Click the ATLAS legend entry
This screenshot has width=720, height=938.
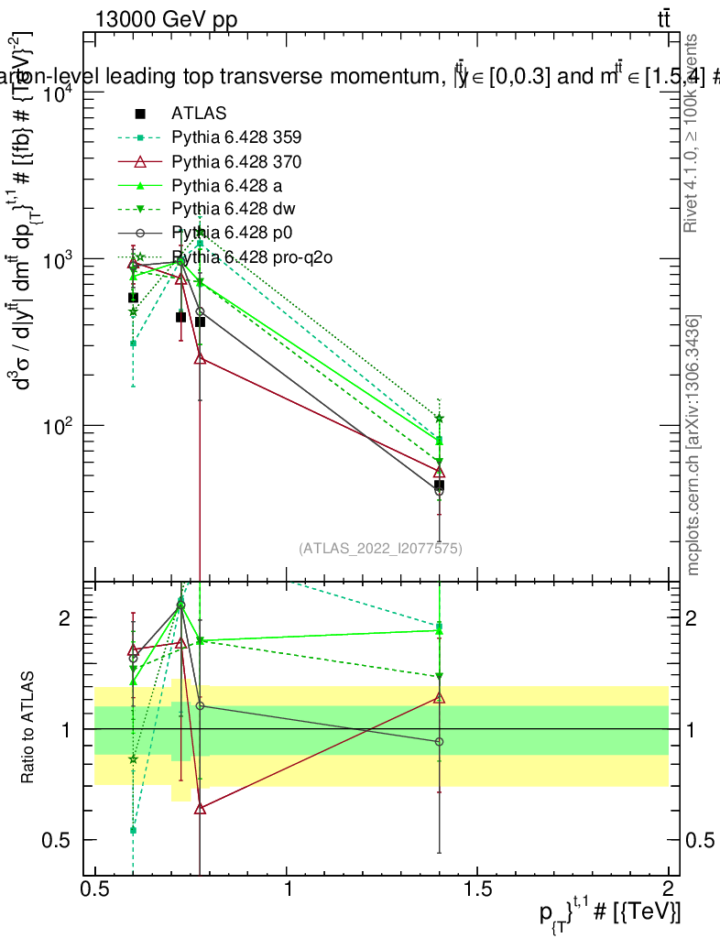tap(198, 114)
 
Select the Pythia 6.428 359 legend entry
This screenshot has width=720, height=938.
tap(236, 137)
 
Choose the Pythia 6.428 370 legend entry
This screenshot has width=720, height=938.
tap(236, 162)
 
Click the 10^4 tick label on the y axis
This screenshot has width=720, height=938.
tap(59, 94)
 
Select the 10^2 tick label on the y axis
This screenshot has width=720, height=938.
tap(59, 426)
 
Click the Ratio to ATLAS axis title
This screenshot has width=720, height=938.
tap(28, 728)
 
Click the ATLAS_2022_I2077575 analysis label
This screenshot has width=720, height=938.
tap(380, 549)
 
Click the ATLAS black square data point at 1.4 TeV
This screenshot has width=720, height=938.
tap(440, 485)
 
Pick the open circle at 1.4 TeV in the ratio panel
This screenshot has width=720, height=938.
tap(440, 741)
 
